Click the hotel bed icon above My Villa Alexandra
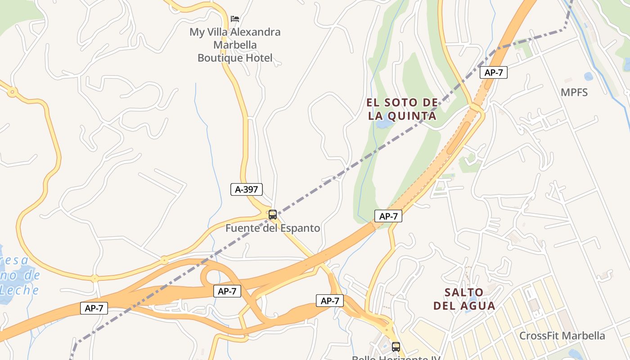point(235,19)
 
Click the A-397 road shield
point(246,189)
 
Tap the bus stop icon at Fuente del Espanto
point(272,215)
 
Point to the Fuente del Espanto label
point(273,228)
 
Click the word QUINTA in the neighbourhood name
point(414,116)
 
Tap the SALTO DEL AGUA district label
point(464,299)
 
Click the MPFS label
point(574,93)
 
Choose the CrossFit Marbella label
point(562,336)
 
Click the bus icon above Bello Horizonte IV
point(396,347)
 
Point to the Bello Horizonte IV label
point(396,358)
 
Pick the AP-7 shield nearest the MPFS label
point(494,72)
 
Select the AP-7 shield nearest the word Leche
point(94,308)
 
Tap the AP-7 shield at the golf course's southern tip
point(388,216)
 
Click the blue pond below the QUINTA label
point(384,124)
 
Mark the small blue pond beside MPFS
point(588,77)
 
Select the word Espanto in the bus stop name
point(301,228)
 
